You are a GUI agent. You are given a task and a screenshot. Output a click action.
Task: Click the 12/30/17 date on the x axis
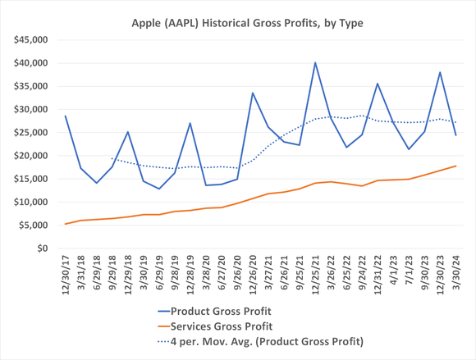(66, 277)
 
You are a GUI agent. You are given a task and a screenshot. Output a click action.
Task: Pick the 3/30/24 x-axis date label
(456, 277)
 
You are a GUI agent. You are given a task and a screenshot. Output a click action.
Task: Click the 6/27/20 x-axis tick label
(222, 277)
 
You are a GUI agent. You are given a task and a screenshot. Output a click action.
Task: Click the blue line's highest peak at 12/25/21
(315, 62)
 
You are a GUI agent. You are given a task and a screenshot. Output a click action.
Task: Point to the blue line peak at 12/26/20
(253, 93)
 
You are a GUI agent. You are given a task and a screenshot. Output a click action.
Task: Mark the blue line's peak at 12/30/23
(440, 72)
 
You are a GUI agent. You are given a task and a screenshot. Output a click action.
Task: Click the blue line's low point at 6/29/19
(159, 189)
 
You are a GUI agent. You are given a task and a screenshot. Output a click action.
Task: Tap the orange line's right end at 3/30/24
(455, 166)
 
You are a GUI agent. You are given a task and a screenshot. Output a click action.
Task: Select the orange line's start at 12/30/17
(66, 224)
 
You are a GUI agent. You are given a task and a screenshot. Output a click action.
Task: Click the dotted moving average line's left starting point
(112, 158)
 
